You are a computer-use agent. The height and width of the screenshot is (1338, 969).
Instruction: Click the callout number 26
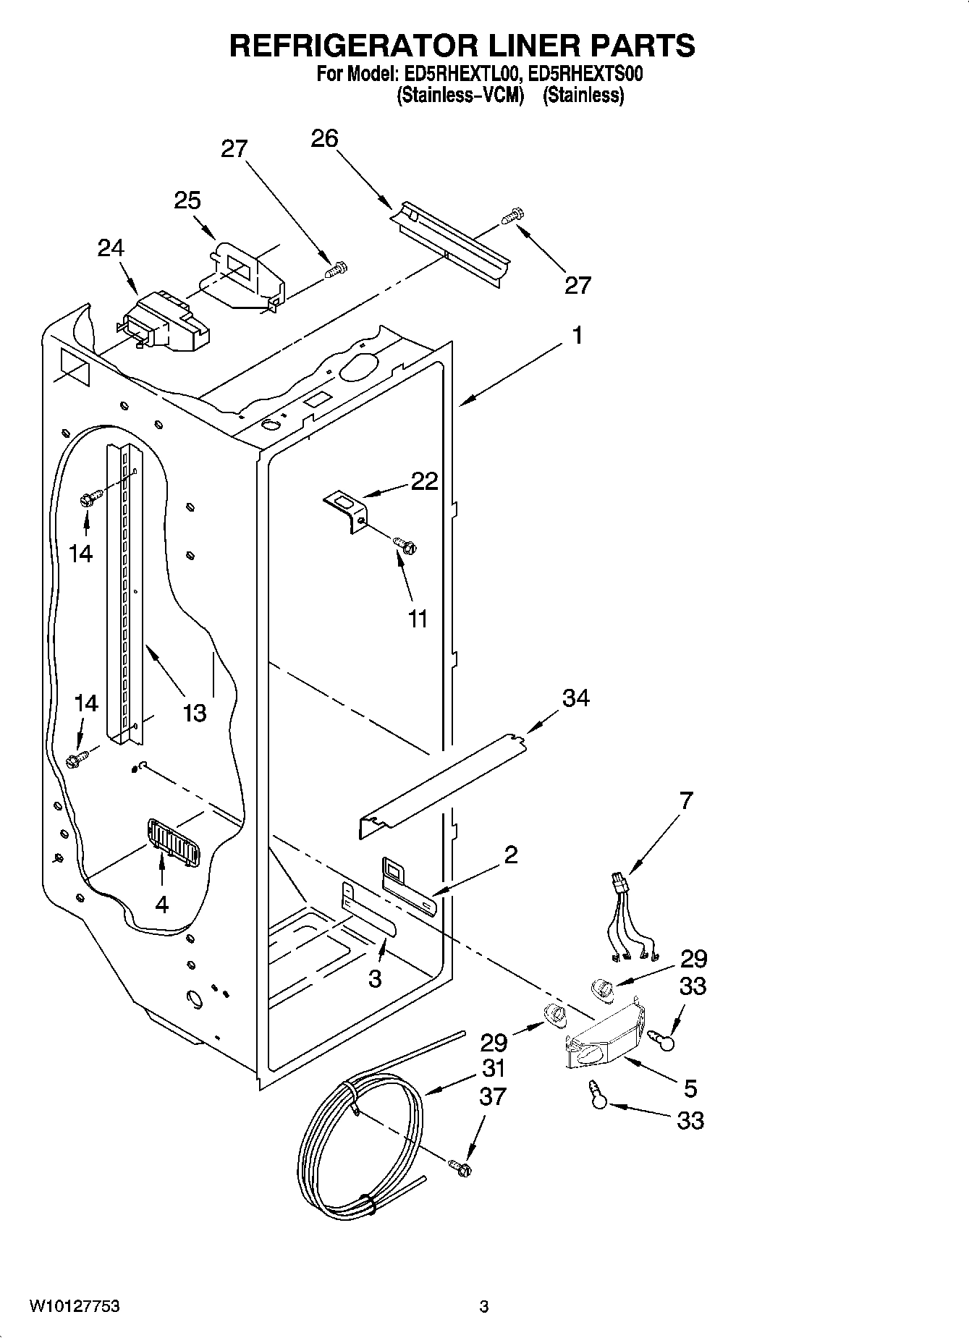324,138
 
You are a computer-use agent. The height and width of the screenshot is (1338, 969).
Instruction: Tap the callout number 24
111,248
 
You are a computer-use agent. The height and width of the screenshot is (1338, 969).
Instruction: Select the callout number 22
425,481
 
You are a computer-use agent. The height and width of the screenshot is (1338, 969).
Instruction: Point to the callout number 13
195,713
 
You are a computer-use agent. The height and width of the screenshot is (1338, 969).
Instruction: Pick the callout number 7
686,800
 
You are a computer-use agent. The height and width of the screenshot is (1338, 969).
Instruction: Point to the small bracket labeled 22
347,509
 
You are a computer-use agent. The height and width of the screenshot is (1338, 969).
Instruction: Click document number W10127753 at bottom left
74,1306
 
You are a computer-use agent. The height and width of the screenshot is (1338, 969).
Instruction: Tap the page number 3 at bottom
483,1306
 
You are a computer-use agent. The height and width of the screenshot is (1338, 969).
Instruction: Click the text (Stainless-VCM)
460,95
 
